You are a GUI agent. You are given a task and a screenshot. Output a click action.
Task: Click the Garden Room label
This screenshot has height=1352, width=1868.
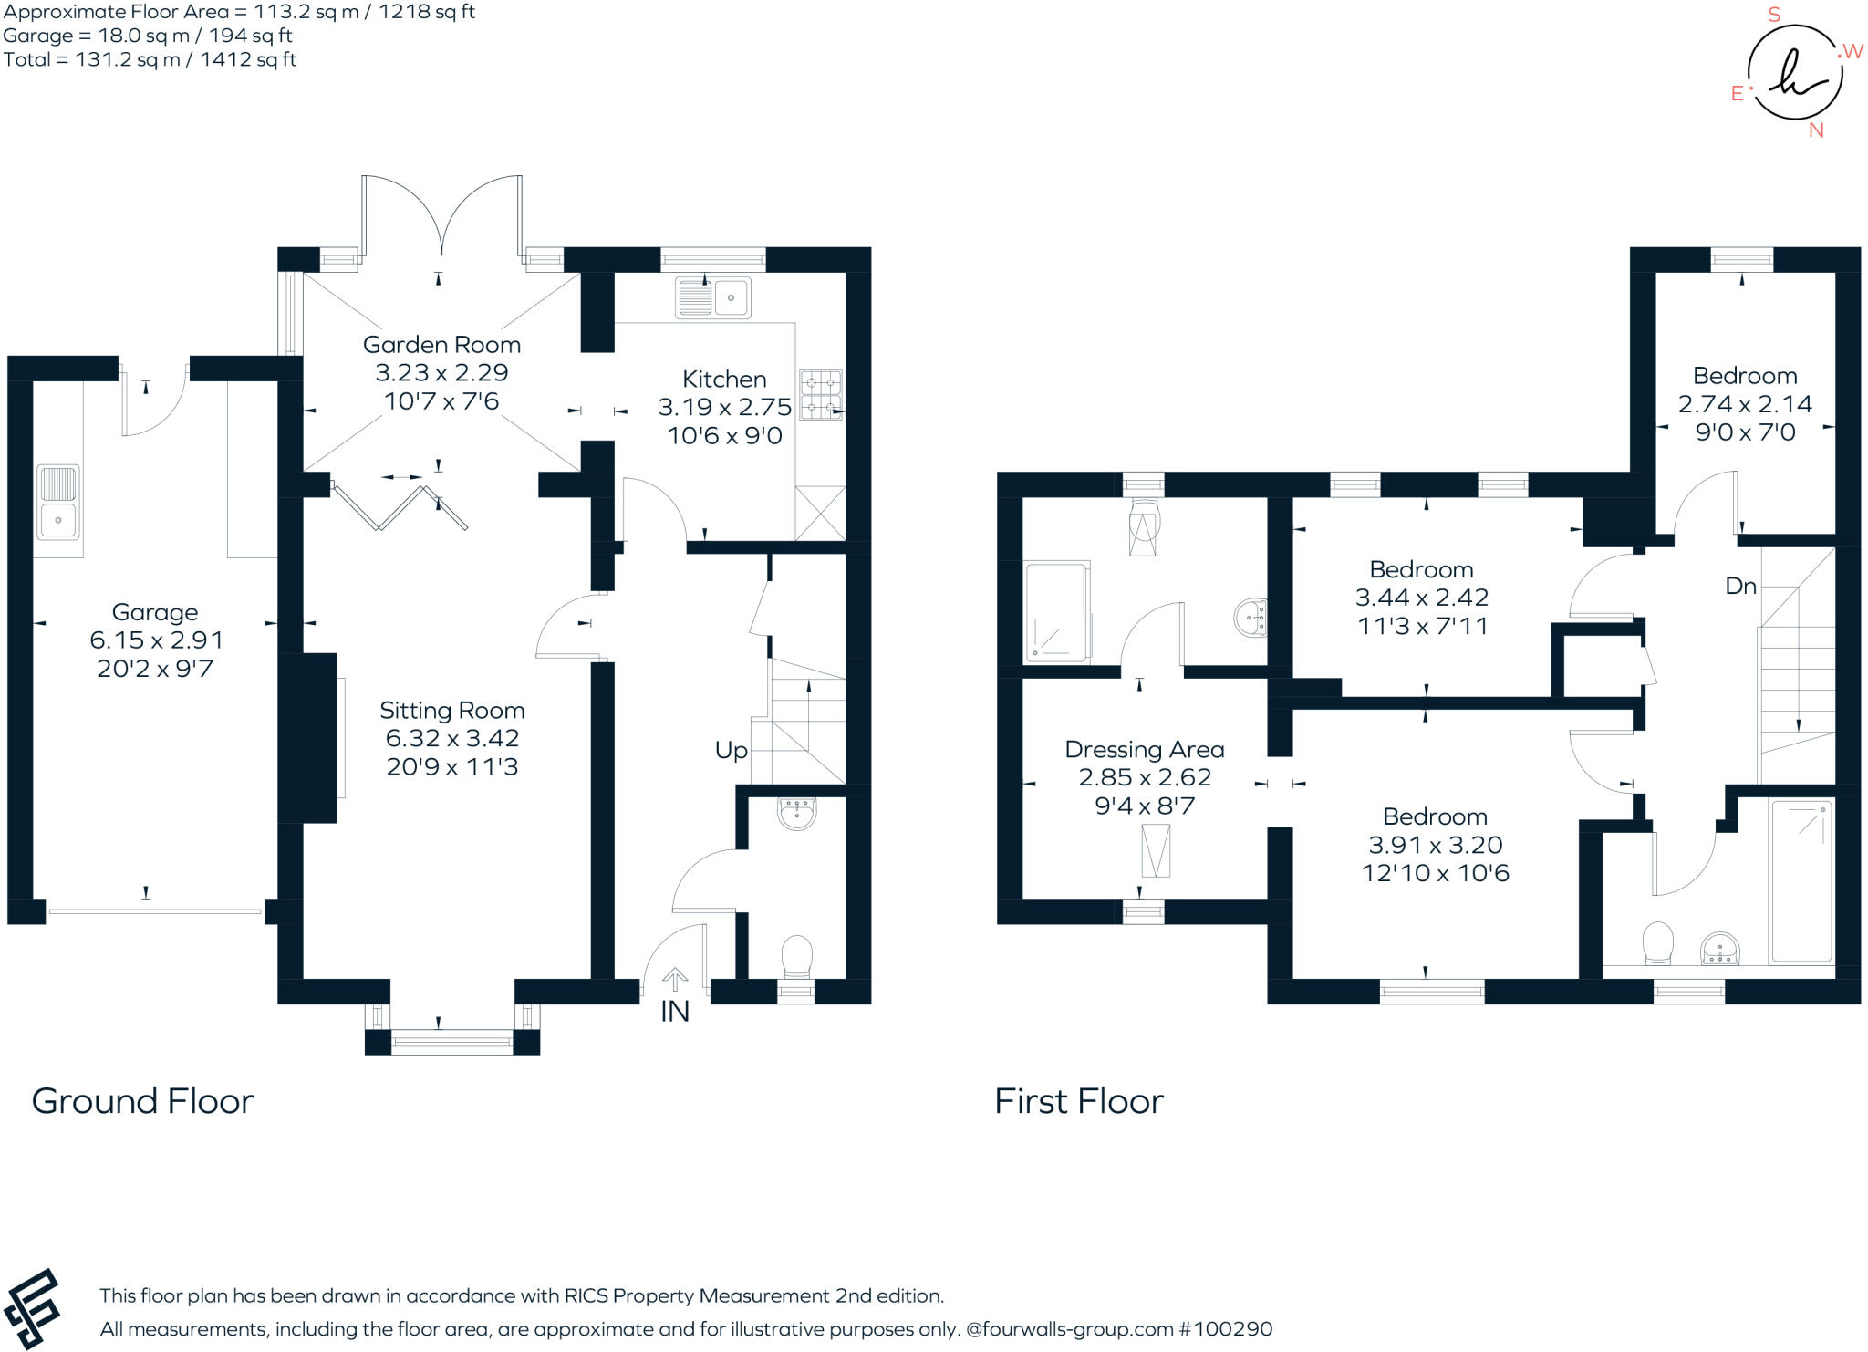point(441,345)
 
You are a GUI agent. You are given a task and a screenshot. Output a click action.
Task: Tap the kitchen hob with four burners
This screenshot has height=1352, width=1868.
point(820,394)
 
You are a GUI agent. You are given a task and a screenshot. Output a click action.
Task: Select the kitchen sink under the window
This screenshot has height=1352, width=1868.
point(712,297)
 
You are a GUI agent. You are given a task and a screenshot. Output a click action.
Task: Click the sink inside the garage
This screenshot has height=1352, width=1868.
point(58,502)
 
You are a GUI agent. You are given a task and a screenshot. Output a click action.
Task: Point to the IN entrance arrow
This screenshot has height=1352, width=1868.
point(675,981)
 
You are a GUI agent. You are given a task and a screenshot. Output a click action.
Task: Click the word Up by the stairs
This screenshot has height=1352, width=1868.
point(731,750)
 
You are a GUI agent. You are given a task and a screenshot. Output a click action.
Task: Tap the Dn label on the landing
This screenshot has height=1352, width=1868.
point(1740,586)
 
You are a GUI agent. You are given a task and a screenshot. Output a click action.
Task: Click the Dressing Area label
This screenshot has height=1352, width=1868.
point(1144,750)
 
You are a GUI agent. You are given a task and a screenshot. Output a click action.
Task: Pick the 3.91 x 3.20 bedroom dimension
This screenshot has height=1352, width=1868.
point(1435,845)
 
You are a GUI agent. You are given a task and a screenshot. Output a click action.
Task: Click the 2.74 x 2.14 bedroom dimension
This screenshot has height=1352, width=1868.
point(1744,403)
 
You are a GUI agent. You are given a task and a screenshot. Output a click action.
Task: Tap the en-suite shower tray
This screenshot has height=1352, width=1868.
point(1057,611)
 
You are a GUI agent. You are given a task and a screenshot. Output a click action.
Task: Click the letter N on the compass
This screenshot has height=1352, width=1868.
point(1815,130)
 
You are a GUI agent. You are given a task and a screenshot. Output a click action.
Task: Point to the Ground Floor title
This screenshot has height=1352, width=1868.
point(142,1101)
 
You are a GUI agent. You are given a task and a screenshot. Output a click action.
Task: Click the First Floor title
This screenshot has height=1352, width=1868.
point(1078,1101)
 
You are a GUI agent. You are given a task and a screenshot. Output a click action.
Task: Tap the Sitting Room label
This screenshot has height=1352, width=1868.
point(451,711)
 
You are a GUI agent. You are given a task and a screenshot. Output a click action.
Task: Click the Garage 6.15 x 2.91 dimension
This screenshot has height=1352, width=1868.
point(155,640)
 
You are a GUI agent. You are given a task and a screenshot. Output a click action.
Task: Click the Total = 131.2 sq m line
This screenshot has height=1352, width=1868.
point(150,60)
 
